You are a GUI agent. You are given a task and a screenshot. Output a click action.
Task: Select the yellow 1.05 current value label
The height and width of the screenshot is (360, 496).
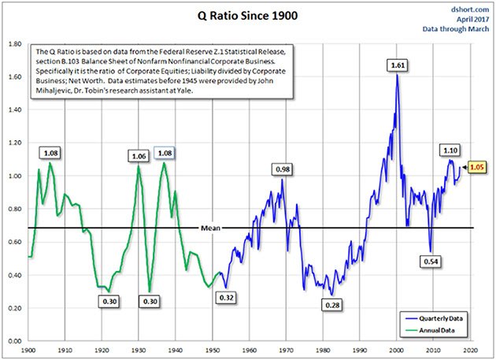tap(477, 167)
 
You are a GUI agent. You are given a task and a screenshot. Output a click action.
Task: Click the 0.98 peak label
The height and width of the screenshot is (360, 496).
tap(283, 169)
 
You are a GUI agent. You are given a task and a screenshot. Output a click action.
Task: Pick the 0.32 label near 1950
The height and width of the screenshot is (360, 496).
tap(227, 298)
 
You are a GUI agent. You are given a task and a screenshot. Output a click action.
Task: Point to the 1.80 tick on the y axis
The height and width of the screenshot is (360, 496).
tap(15, 45)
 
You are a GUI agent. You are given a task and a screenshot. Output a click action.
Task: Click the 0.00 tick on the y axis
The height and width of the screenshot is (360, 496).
tap(15, 341)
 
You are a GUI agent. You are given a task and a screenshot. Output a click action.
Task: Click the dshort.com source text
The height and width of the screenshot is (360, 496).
tap(469, 8)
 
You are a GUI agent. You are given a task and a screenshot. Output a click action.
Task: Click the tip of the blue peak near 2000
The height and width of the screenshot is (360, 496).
tap(398, 76)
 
